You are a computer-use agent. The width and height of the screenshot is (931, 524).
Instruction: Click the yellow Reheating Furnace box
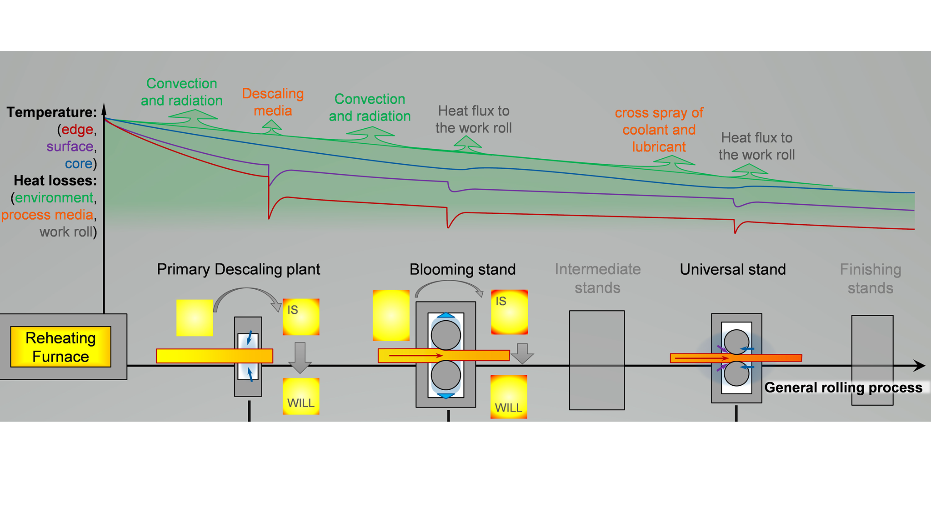pyautogui.click(x=60, y=347)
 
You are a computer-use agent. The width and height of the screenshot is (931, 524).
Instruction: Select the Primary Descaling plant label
pyautogui.click(x=238, y=269)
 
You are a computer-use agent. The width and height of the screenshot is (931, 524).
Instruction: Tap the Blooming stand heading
pyautogui.click(x=462, y=269)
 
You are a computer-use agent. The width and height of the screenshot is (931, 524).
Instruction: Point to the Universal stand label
pyautogui.click(x=732, y=269)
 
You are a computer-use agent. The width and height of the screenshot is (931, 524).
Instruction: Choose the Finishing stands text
pyautogui.click(x=870, y=278)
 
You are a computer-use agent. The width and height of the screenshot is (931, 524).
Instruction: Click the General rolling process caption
pyautogui.click(x=843, y=388)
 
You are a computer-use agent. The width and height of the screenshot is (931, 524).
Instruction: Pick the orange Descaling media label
pyautogui.click(x=273, y=102)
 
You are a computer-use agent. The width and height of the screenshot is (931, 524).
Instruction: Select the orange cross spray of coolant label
pyautogui.click(x=659, y=130)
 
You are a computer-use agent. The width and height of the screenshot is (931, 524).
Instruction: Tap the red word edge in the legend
pyautogui.click(x=77, y=130)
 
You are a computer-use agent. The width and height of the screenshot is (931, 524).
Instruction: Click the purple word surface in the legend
pyautogui.click(x=70, y=146)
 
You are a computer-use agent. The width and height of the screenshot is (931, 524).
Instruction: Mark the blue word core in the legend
pyautogui.click(x=79, y=164)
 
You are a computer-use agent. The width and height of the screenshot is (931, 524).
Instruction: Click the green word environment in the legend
pyautogui.click(x=54, y=198)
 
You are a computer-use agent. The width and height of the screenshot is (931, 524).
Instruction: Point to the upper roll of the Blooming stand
pyautogui.click(x=445, y=335)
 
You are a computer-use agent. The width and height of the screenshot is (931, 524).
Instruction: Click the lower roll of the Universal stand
pyautogui.click(x=736, y=374)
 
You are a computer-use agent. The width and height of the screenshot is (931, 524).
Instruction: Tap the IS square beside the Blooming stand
pyautogui.click(x=509, y=312)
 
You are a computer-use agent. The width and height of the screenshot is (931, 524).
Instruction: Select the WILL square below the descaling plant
pyautogui.click(x=301, y=396)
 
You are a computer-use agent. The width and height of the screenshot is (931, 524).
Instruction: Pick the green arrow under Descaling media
pyautogui.click(x=272, y=127)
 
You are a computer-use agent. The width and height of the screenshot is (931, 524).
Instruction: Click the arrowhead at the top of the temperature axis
pyautogui.click(x=104, y=109)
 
